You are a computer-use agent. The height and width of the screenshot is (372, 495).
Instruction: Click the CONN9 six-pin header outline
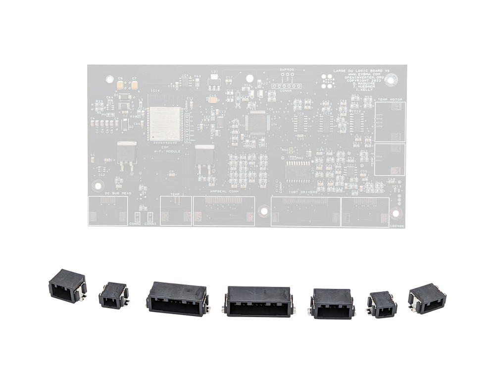click(x=286, y=86)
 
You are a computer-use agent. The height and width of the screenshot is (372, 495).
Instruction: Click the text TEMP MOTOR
click(x=390, y=99)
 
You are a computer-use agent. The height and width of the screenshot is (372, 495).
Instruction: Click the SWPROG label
click(x=287, y=70)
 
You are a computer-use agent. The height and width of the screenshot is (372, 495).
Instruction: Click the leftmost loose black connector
click(x=67, y=286)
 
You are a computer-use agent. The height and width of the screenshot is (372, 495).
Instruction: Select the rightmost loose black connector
click(x=426, y=298)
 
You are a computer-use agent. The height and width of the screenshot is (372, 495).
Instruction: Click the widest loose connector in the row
click(x=259, y=301)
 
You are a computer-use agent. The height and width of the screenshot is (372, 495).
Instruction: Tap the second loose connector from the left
click(x=113, y=295)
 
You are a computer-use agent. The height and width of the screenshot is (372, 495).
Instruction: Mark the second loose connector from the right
click(x=382, y=304)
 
